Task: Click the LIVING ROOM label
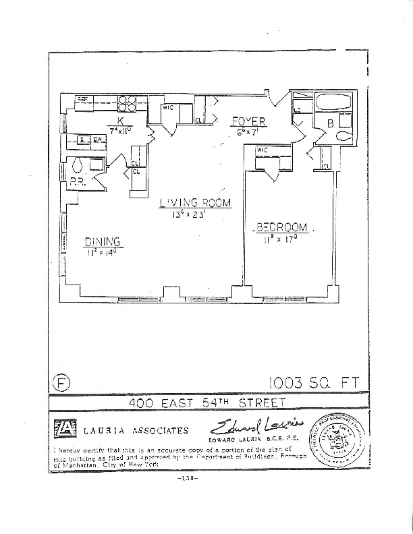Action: tap(195, 202)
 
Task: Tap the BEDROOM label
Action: tap(281, 227)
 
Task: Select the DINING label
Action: tap(102, 242)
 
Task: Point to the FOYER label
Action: tap(248, 122)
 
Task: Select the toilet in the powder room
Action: tap(78, 164)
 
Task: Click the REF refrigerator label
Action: tap(83, 99)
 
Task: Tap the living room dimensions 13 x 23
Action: tap(195, 214)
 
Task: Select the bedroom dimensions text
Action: tap(282, 239)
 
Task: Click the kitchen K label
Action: tap(119, 120)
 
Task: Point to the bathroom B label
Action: tap(330, 124)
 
